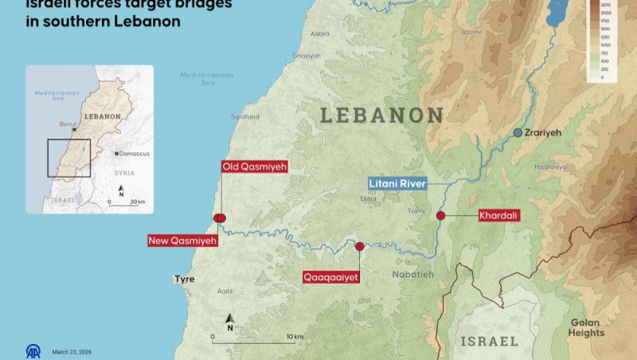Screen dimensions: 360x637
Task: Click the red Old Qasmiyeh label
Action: (x=254, y=167)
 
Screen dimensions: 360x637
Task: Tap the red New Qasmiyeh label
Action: (x=182, y=241)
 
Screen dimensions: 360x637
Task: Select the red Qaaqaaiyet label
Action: (x=331, y=277)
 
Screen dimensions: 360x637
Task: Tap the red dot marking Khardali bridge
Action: (x=440, y=215)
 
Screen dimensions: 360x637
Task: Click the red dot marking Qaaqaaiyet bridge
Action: (x=359, y=247)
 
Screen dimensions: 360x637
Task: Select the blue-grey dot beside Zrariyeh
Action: (x=518, y=132)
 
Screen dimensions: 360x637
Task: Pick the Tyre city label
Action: (x=184, y=280)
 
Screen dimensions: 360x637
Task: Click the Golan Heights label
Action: (x=587, y=327)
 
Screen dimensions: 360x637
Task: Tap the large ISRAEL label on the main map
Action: (x=490, y=341)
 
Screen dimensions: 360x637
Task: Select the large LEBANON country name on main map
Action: (x=381, y=115)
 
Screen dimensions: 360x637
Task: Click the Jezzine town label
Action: (x=471, y=32)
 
